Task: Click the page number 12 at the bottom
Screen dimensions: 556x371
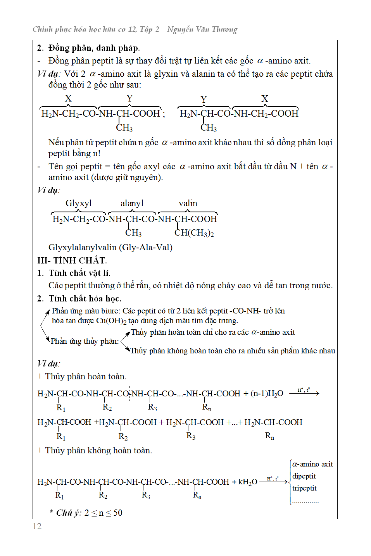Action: click(37, 526)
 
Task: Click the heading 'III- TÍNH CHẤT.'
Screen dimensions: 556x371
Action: click(72, 260)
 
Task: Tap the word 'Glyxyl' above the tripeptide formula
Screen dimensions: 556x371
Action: click(78, 203)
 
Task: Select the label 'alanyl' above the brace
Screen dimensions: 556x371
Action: click(132, 203)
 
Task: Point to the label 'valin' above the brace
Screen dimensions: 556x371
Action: click(188, 203)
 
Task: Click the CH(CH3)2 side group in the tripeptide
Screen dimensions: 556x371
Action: click(194, 233)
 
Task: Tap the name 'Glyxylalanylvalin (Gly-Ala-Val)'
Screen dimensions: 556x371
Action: click(110, 247)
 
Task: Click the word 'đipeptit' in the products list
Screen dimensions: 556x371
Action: click(304, 476)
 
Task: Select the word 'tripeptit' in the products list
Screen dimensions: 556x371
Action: click(304, 488)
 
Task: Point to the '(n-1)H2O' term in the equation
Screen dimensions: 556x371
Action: click(267, 394)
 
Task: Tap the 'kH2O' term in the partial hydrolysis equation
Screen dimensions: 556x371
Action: click(247, 482)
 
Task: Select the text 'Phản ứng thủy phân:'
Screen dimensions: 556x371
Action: click(85, 341)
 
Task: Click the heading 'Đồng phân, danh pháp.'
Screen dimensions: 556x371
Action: click(94, 48)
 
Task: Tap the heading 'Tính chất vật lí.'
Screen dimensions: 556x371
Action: click(79, 273)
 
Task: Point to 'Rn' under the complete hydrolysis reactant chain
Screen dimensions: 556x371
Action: click(207, 407)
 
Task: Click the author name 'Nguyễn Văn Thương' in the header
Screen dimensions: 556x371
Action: click(202, 29)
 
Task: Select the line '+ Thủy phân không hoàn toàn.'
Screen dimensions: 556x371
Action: click(95, 450)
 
